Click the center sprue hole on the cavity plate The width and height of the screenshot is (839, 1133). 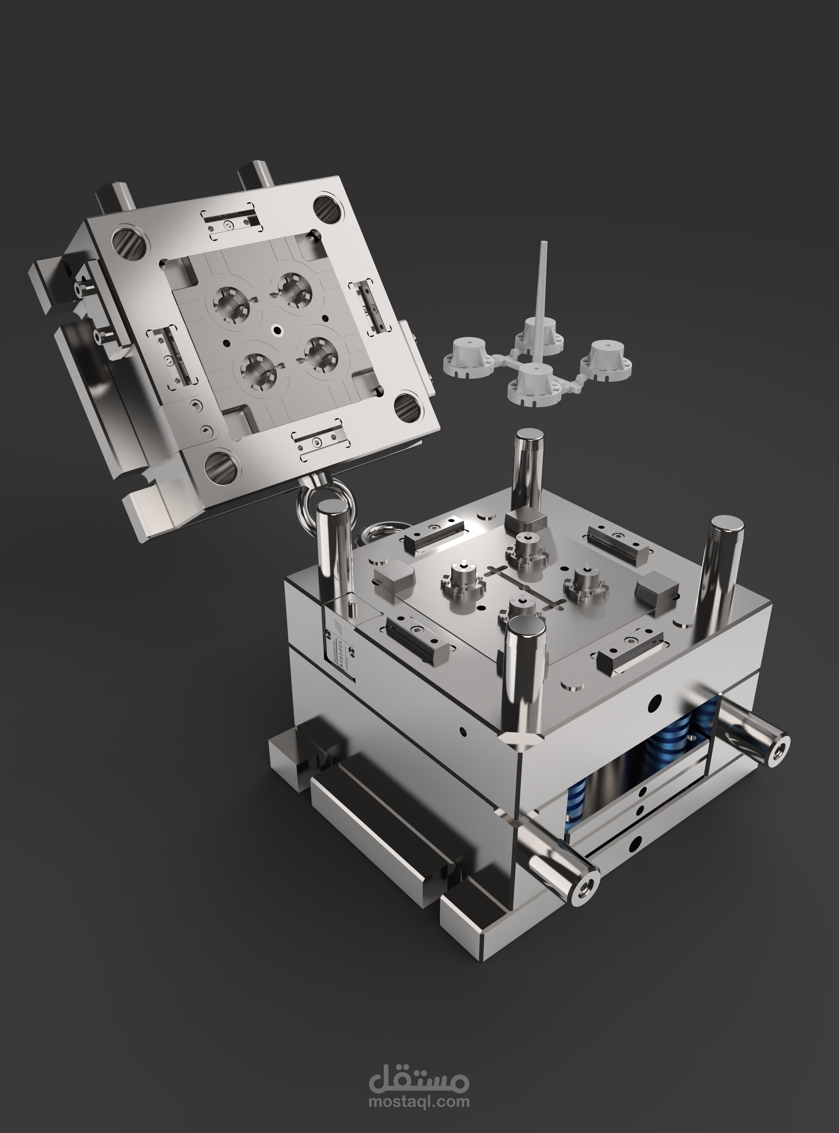277,329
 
